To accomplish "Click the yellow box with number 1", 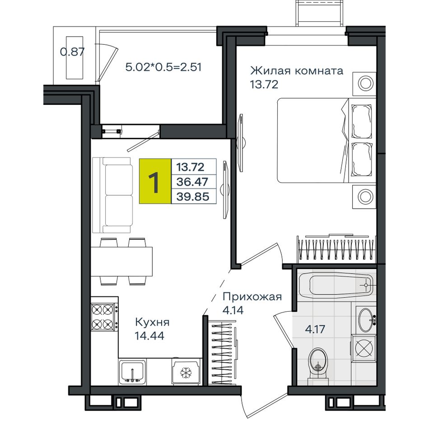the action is tap(155, 181).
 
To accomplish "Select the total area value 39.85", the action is tap(193, 196).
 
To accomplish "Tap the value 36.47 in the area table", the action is tap(192, 182).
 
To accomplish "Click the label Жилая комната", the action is tap(297, 70).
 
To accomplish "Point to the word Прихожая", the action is tap(252, 297).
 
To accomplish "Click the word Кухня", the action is tap(152, 322).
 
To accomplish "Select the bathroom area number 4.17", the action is tap(315, 329).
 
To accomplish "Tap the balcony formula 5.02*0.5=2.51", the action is tap(163, 67).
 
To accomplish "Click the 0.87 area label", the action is tap(72, 52).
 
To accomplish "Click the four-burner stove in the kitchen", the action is tap(104, 317).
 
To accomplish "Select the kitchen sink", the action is tap(132, 372).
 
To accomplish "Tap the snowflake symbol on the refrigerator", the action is tap(186, 373).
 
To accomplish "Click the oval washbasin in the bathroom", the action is tap(366, 319).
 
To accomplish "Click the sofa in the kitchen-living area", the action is tap(113, 195).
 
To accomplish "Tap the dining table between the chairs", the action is tap(121, 261).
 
